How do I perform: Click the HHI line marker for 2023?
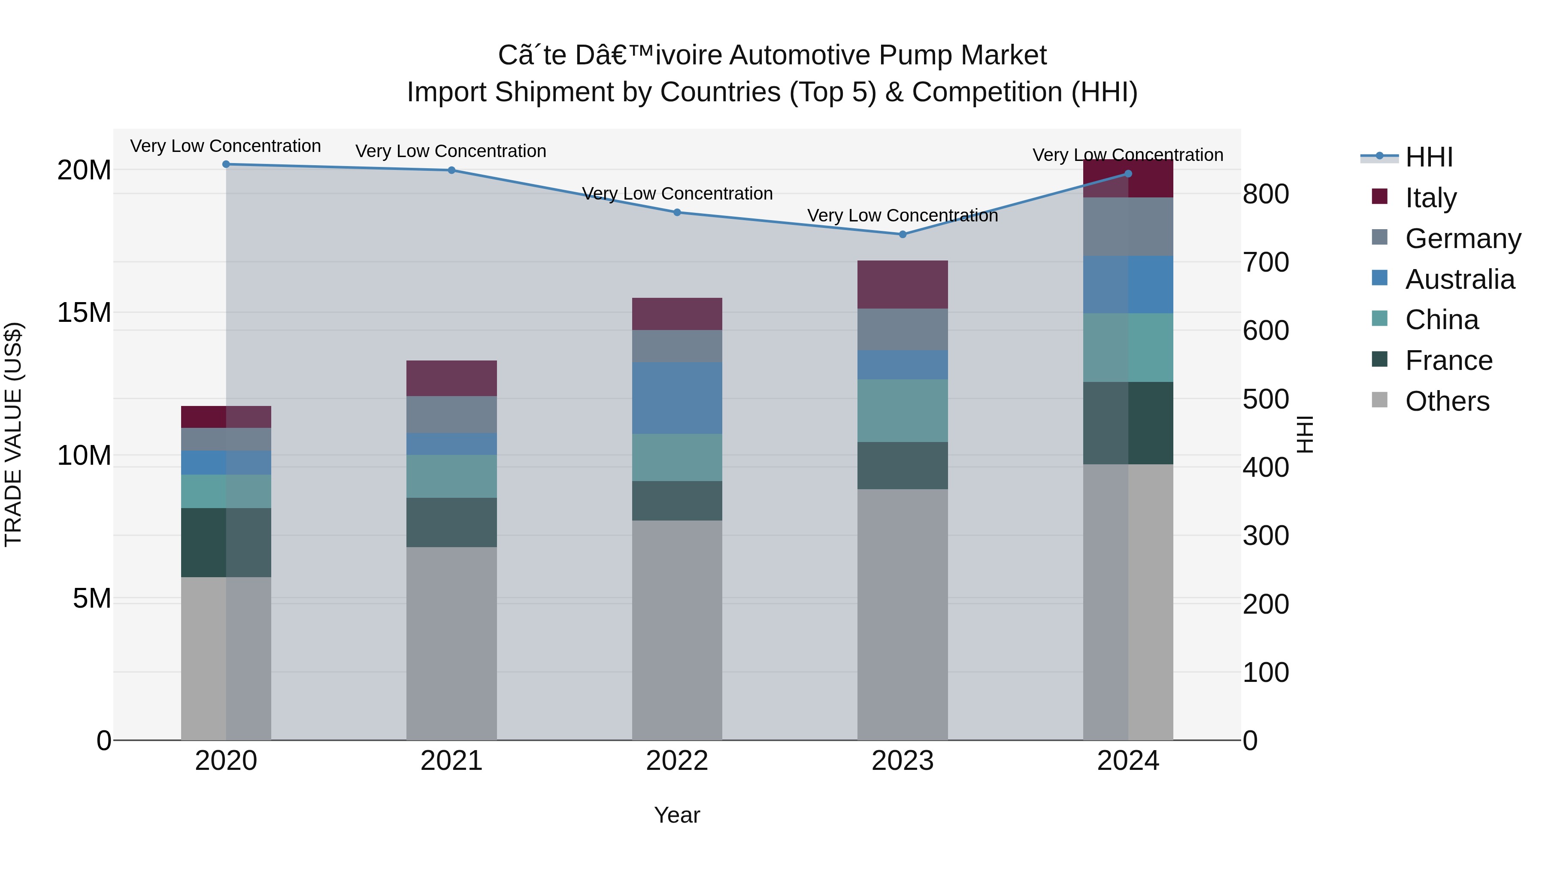point(902,234)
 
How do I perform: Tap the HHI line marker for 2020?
point(226,164)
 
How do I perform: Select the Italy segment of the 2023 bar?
point(902,285)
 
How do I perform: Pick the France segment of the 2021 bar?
point(451,522)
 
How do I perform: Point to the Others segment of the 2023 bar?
point(902,615)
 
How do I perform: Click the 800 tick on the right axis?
point(1266,194)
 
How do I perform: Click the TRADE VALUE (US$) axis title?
point(13,434)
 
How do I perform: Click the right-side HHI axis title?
point(1305,434)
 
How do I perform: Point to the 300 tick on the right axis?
point(1266,536)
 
